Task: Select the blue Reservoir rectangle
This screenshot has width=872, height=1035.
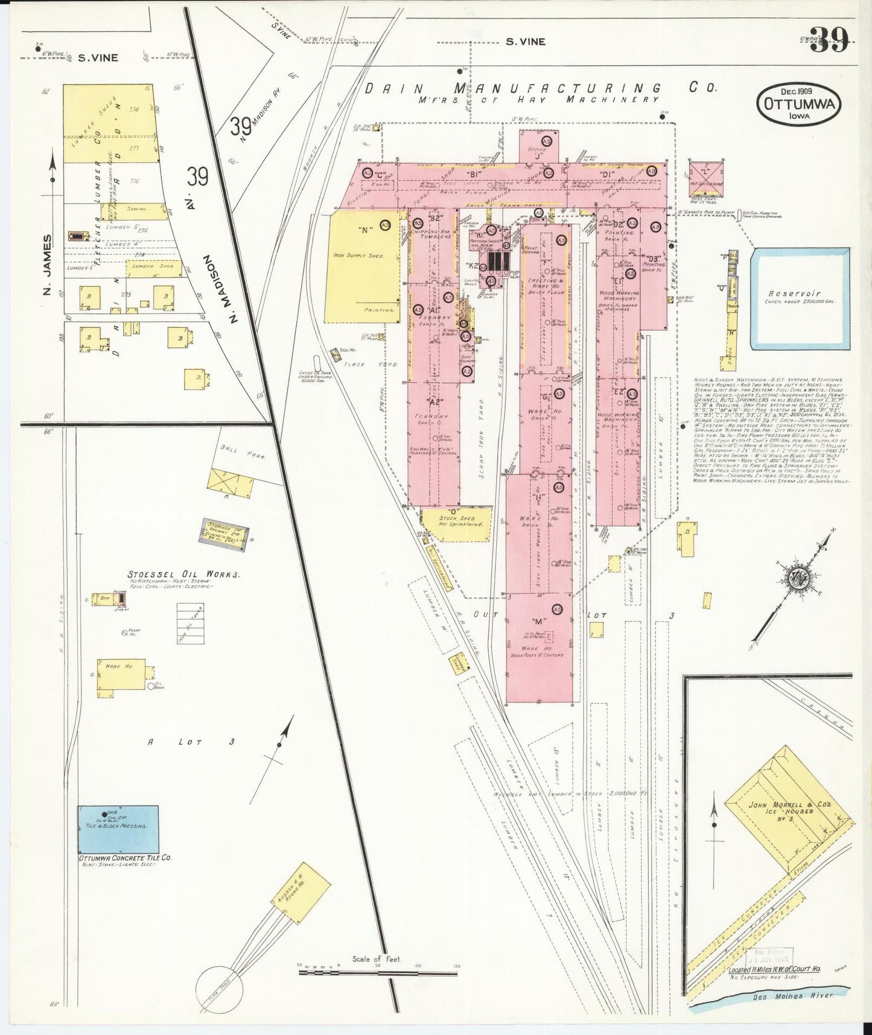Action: coord(800,298)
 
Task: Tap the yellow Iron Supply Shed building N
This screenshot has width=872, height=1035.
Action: coord(363,266)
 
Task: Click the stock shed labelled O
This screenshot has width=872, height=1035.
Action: coord(456,524)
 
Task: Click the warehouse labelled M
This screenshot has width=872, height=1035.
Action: coord(539,646)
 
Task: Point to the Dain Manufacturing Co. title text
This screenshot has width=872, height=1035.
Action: coord(541,88)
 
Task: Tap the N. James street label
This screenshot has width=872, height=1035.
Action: coord(48,266)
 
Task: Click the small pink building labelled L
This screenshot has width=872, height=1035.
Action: coord(705,177)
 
